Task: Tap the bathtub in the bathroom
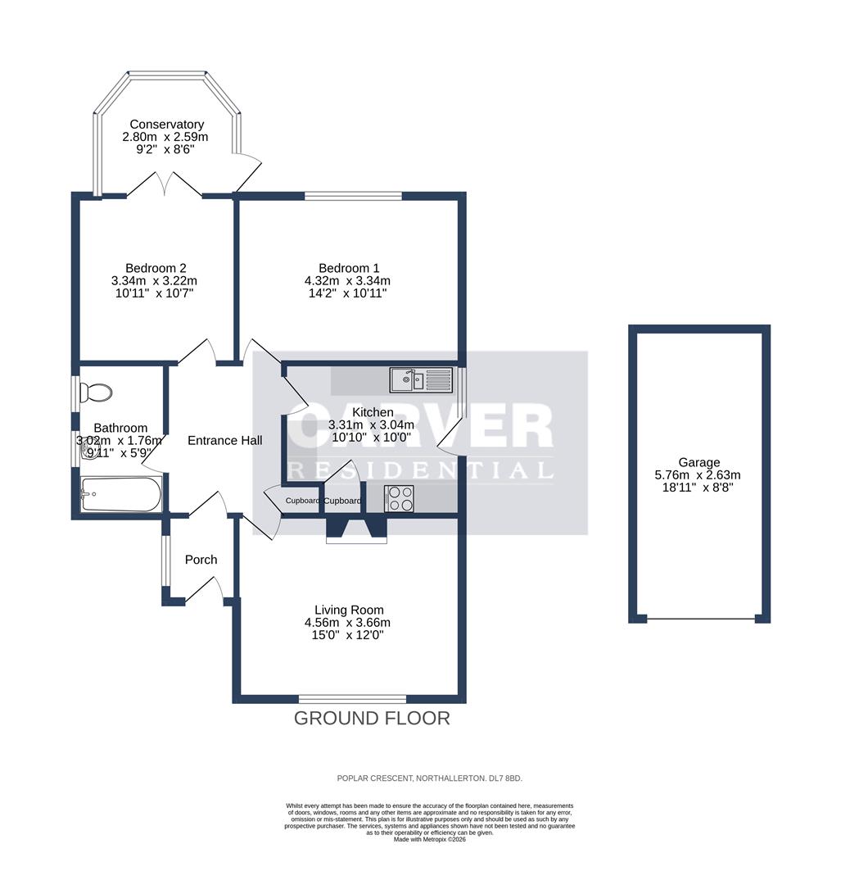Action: pyautogui.click(x=120, y=495)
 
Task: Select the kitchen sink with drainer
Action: pyautogui.click(x=421, y=379)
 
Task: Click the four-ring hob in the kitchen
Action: pyautogui.click(x=399, y=498)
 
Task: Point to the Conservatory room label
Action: pyautogui.click(x=166, y=125)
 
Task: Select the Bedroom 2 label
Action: pyautogui.click(x=156, y=268)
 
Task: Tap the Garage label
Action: pyautogui.click(x=698, y=462)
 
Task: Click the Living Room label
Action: pyautogui.click(x=349, y=610)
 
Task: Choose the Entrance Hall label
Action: pyautogui.click(x=225, y=441)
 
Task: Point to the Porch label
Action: pyautogui.click(x=201, y=560)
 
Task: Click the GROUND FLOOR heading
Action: pyautogui.click(x=372, y=719)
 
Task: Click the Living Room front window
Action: pyautogui.click(x=352, y=699)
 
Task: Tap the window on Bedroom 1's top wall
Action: pyautogui.click(x=353, y=196)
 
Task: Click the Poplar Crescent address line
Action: pyautogui.click(x=429, y=778)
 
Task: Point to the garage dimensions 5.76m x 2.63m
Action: pyautogui.click(x=698, y=475)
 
